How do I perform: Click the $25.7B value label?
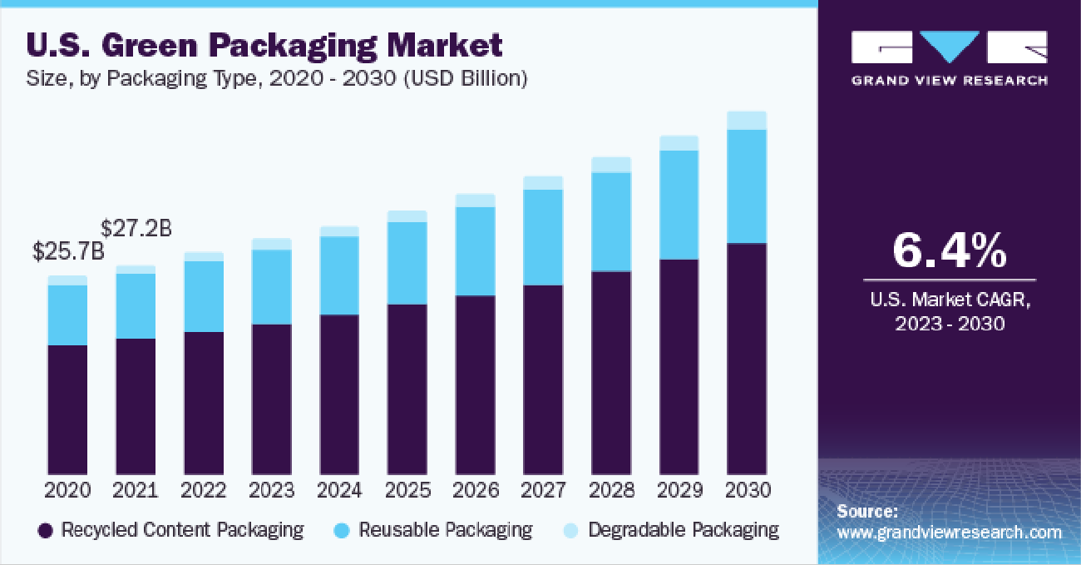pyautogui.click(x=69, y=250)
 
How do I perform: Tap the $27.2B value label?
pyautogui.click(x=136, y=227)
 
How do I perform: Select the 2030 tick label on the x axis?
pyautogui.click(x=747, y=489)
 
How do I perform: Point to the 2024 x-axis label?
pyautogui.click(x=339, y=489)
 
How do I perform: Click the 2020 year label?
pyautogui.click(x=68, y=489)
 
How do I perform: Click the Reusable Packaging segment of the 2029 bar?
pyautogui.click(x=679, y=205)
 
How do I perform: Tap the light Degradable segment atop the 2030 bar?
pyautogui.click(x=747, y=121)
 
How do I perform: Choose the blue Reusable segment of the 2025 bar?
pyautogui.click(x=407, y=263)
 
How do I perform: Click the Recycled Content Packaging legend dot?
pyautogui.click(x=47, y=530)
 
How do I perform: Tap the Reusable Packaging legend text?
pyautogui.click(x=445, y=530)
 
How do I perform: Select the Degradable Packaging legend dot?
pyautogui.click(x=571, y=530)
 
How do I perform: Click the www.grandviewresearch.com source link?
pyautogui.click(x=949, y=533)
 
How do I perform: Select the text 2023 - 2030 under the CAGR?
pyautogui.click(x=950, y=324)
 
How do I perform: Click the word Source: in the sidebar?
pyautogui.click(x=866, y=511)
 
